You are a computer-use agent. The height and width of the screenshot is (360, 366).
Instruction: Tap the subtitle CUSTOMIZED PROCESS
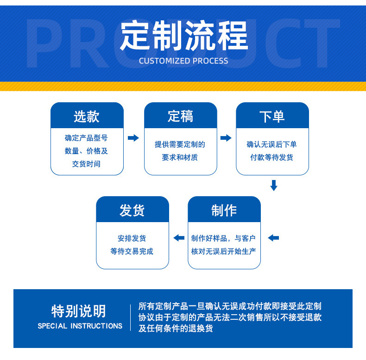183,61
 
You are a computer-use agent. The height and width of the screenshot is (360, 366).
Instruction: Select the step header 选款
87,116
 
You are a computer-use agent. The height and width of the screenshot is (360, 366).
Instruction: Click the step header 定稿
180,116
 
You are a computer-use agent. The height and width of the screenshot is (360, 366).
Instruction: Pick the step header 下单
272,116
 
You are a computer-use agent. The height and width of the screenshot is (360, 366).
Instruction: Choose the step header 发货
132,210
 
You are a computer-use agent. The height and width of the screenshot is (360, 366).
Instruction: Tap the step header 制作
224,210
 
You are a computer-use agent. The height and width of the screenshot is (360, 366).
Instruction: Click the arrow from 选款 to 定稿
133,138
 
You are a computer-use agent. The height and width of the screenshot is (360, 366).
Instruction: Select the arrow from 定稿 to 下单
226,138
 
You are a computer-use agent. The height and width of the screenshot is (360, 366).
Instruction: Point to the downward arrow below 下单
274,186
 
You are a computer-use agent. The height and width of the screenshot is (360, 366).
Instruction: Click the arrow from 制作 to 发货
178,238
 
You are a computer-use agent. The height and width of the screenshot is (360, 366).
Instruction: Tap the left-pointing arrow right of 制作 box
273,238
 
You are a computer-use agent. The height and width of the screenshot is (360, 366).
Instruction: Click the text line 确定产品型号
86,138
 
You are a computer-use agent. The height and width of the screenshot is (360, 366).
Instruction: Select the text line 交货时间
86,164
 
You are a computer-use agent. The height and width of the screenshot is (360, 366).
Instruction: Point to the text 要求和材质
180,157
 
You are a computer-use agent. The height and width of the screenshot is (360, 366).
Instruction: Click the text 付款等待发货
272,157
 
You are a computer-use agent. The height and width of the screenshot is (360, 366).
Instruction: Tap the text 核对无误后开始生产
224,251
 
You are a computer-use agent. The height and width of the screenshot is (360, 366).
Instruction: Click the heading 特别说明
78,311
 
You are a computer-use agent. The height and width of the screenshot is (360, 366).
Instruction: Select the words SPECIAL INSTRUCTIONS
80,326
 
